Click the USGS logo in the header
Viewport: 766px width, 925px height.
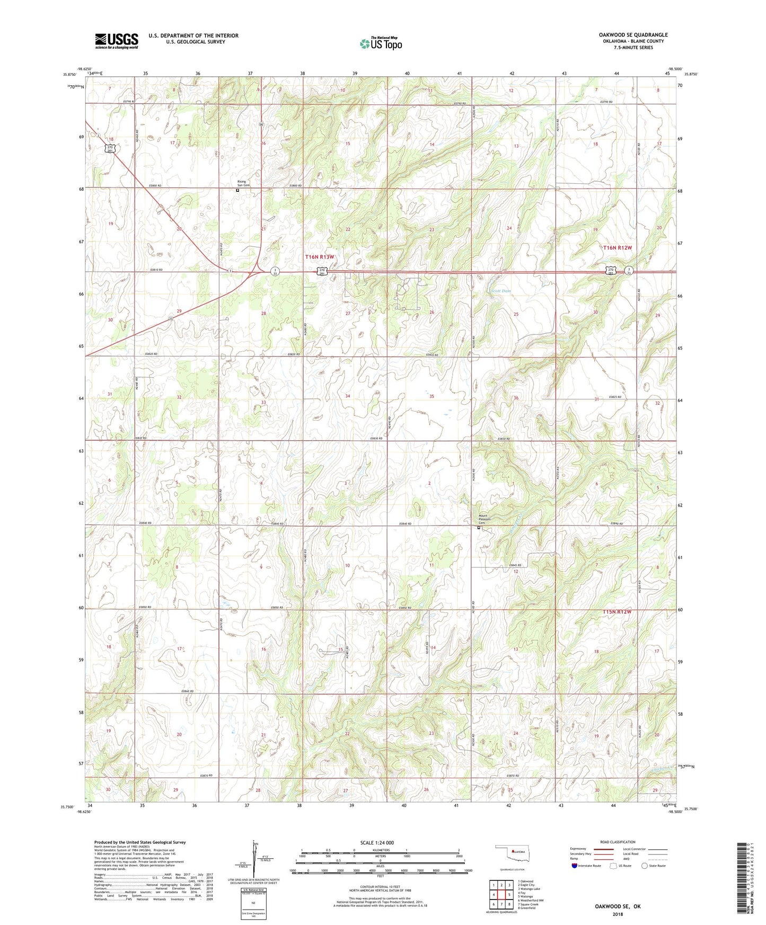(x=116, y=41)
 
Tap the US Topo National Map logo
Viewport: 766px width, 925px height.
(x=381, y=43)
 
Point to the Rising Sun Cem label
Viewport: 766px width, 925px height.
(x=242, y=183)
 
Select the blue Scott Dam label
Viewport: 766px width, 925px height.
(x=500, y=291)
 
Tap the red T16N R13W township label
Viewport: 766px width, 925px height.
(x=320, y=256)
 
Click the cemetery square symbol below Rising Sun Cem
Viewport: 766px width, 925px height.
(x=237, y=190)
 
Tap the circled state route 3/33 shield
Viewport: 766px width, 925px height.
(x=274, y=271)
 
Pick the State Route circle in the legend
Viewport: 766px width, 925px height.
(x=645, y=866)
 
